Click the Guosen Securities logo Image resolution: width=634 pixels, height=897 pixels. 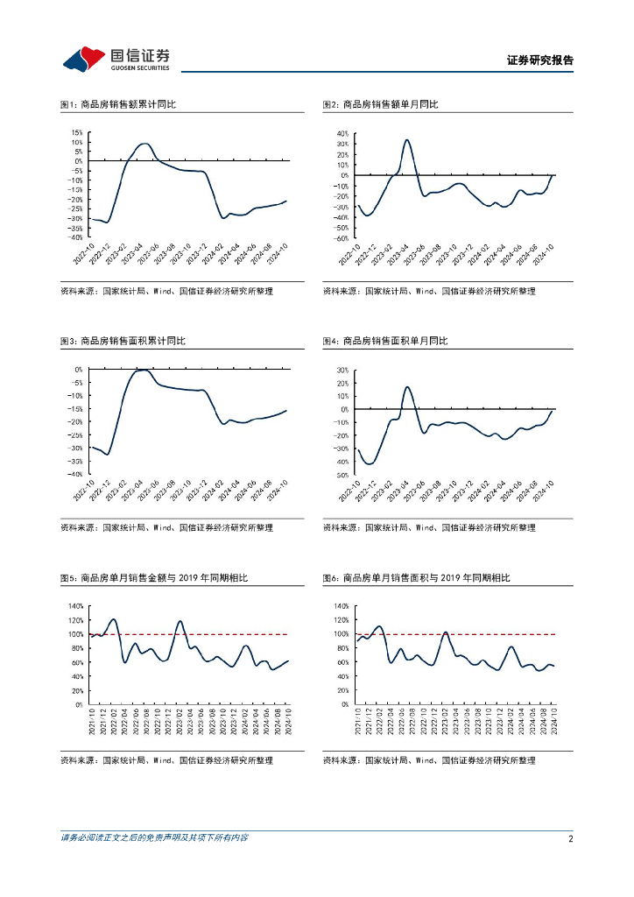(x=116, y=60)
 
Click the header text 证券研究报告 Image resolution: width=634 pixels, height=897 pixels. (x=540, y=61)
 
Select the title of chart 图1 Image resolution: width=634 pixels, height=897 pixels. (x=118, y=105)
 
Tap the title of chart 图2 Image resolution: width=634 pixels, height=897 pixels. (x=380, y=105)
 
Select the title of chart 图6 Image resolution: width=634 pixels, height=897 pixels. (x=416, y=578)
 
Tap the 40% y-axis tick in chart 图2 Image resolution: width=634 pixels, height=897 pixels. (x=341, y=133)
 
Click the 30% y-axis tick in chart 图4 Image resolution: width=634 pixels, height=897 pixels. (x=341, y=370)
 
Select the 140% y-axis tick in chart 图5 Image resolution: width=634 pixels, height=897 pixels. (x=75, y=606)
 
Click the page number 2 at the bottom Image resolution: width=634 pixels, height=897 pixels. (x=570, y=838)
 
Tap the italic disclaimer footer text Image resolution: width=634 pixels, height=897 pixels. (x=153, y=838)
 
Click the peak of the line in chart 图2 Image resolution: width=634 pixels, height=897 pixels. (x=407, y=140)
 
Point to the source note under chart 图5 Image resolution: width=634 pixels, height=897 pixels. (x=166, y=760)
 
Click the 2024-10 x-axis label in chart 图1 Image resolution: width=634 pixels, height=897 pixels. (x=280, y=254)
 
